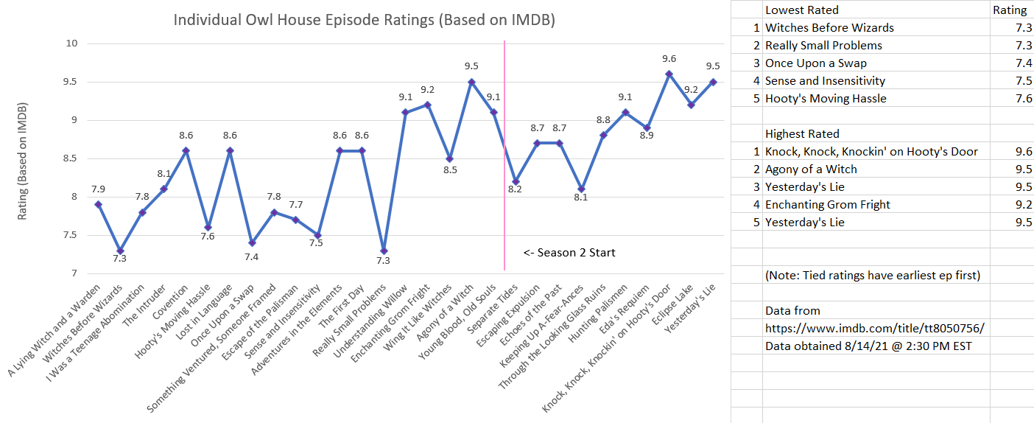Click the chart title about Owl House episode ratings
364,19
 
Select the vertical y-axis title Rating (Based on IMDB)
24,158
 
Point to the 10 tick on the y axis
71,43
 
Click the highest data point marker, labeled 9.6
669,74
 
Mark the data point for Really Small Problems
383,251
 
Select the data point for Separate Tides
516,181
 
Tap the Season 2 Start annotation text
569,253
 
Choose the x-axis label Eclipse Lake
676,304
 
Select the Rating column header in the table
1010,10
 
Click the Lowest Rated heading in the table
801,10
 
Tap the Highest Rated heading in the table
803,133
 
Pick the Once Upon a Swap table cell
815,63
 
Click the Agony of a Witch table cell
811,169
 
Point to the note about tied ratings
873,275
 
